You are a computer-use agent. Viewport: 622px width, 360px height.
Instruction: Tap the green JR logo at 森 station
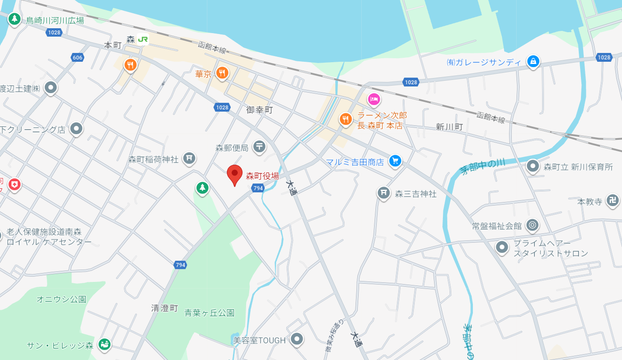click(x=142, y=39)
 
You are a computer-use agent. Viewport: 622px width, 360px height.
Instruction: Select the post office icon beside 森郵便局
click(x=259, y=146)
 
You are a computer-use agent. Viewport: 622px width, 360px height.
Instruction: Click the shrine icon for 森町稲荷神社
click(x=189, y=157)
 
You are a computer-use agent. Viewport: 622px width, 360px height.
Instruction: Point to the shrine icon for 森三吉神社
click(x=383, y=192)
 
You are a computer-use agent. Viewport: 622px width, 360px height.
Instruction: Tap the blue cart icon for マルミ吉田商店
click(x=395, y=161)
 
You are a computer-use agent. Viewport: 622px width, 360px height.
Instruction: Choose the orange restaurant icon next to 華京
click(x=223, y=73)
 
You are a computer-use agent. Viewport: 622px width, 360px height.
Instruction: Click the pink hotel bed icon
click(x=374, y=99)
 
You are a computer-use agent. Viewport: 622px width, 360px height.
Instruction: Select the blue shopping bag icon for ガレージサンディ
click(x=533, y=61)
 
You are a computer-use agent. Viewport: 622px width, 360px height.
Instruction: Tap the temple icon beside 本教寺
click(x=613, y=200)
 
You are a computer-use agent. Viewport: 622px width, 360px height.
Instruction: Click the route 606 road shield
click(x=77, y=57)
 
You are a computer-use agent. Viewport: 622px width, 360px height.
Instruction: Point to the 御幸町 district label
click(x=259, y=110)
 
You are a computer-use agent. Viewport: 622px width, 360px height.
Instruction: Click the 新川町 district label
click(x=450, y=127)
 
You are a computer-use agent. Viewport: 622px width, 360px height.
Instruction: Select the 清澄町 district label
click(x=165, y=308)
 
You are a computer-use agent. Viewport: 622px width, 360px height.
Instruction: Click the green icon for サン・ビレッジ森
click(x=105, y=344)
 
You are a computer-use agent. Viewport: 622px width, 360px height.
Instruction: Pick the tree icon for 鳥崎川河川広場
click(x=15, y=19)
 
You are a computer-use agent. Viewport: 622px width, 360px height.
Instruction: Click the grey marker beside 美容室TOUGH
click(x=297, y=339)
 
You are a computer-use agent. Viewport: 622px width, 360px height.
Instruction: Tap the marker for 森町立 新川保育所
click(x=533, y=166)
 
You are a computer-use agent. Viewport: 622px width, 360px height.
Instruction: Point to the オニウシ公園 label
click(x=61, y=299)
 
